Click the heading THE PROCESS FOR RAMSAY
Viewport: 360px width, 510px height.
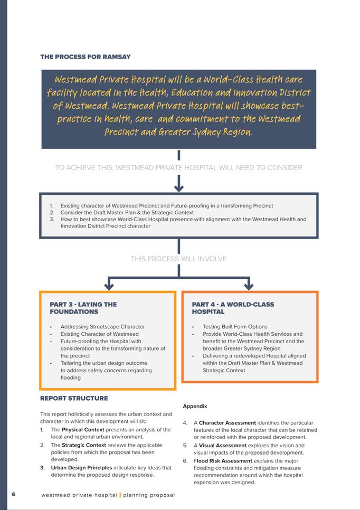(86, 56)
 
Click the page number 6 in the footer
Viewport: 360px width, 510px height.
(14, 494)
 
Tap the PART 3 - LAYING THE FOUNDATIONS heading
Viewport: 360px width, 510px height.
(83, 308)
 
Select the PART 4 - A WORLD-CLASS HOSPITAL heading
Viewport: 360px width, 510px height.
(233, 308)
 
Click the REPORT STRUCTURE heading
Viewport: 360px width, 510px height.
(74, 398)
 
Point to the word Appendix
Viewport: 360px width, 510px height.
(195, 406)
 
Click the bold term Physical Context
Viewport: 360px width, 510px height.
(83, 430)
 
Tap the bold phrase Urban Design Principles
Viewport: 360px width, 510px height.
(81, 467)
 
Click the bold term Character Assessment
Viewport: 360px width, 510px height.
(227, 423)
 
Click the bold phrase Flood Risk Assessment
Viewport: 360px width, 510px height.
(224, 460)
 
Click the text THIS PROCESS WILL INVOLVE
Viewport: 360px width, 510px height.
(178, 259)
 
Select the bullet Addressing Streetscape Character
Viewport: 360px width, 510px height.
(102, 327)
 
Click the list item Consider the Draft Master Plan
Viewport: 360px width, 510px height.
(127, 212)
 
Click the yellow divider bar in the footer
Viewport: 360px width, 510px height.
(120, 495)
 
